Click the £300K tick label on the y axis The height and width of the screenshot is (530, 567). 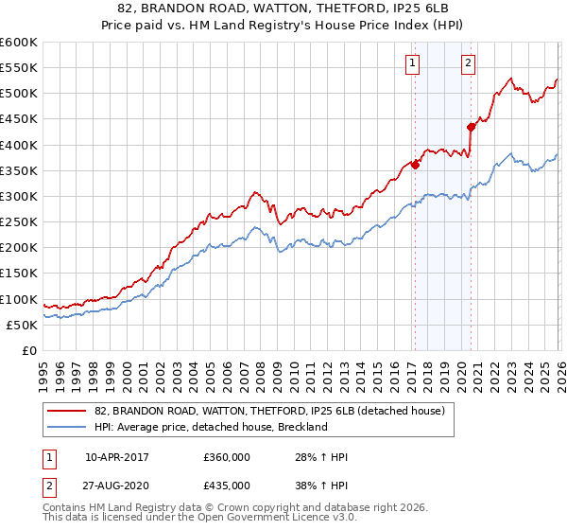pyautogui.click(x=18, y=196)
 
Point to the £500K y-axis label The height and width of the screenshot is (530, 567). pyautogui.click(x=18, y=93)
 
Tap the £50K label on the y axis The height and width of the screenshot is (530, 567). pyautogui.click(x=22, y=325)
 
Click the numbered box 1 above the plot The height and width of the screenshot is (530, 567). pyautogui.click(x=414, y=63)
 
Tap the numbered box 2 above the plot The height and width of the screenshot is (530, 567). pyautogui.click(x=469, y=63)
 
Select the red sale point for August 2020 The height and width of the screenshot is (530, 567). pyautogui.click(x=471, y=126)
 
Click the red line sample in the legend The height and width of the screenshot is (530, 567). pyautogui.click(x=68, y=412)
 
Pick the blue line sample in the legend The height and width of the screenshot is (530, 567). pyautogui.click(x=68, y=427)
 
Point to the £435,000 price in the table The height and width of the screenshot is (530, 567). pyautogui.click(x=227, y=485)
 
